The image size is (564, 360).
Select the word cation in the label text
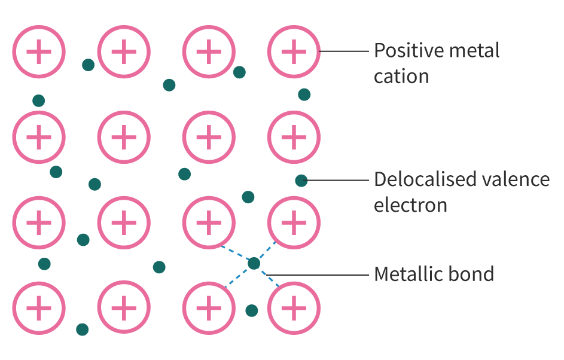click(x=401, y=77)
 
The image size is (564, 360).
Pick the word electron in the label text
click(x=410, y=205)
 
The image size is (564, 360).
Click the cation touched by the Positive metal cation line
click(x=293, y=52)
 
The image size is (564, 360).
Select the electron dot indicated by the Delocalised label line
click(x=301, y=180)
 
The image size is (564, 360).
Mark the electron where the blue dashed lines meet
click(x=254, y=263)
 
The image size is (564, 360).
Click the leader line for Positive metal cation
click(x=345, y=51)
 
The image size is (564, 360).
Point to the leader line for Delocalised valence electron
click(x=338, y=179)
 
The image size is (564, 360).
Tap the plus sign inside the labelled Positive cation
click(x=293, y=52)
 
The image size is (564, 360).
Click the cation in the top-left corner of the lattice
click(x=39, y=52)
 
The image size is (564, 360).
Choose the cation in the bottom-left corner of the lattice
click(x=39, y=308)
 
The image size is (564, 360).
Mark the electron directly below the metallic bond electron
click(x=252, y=310)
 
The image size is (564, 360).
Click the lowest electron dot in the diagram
click(x=83, y=329)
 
